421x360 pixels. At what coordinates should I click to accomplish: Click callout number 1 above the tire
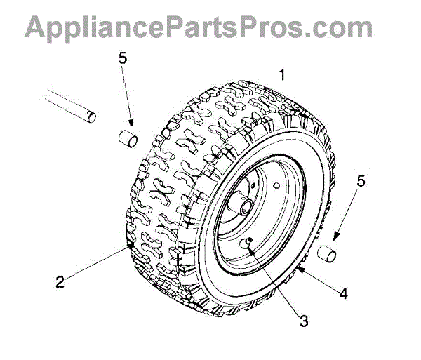(282, 74)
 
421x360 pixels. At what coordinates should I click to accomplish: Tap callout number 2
(60, 283)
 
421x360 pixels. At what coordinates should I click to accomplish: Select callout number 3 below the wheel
(304, 321)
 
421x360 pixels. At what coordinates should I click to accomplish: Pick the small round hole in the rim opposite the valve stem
(279, 187)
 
